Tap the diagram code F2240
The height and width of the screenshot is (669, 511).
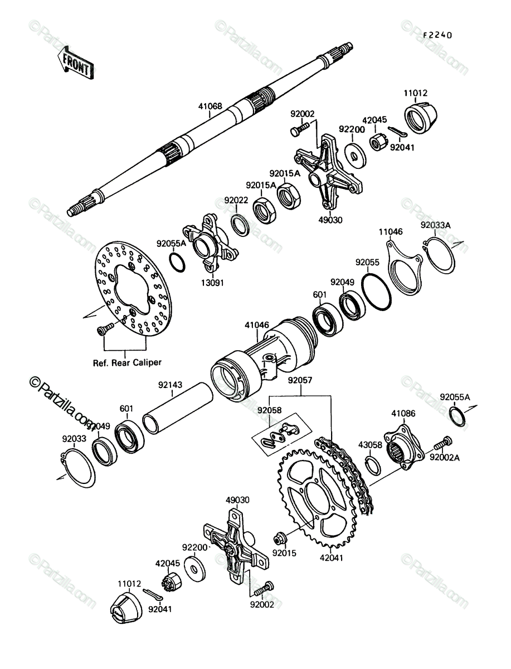pyautogui.click(x=437, y=35)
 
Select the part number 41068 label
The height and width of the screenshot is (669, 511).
pyautogui.click(x=210, y=106)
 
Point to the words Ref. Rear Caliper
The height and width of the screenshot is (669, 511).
pyautogui.click(x=127, y=363)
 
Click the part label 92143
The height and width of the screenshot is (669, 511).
pyautogui.click(x=170, y=385)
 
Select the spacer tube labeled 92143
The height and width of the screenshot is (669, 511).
pyautogui.click(x=178, y=408)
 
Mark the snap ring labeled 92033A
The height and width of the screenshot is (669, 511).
pyautogui.click(x=439, y=255)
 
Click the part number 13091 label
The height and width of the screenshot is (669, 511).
pyautogui.click(x=212, y=283)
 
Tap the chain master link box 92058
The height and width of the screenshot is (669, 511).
pyautogui.click(x=282, y=434)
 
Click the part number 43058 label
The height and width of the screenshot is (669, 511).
pyautogui.click(x=370, y=445)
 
